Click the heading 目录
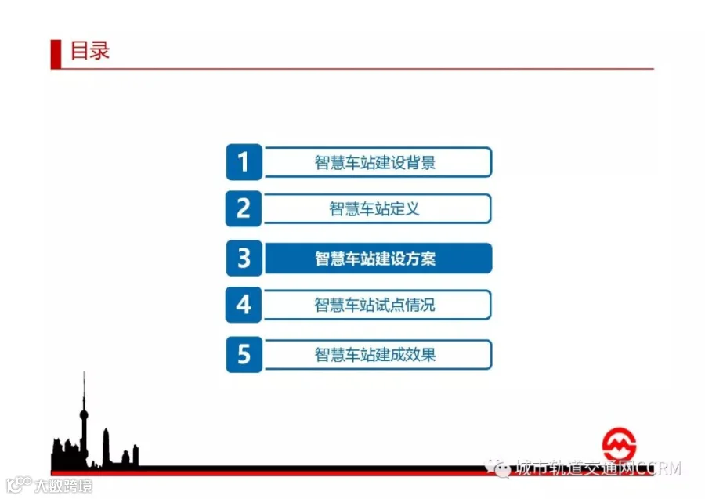90,50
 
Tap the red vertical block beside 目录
56,54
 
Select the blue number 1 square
244,162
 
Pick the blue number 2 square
244,208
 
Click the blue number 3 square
244,258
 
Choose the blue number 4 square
244,305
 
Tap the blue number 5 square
244,355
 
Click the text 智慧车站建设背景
375,162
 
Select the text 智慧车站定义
374,208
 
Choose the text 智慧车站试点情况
375,305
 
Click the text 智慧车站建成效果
375,355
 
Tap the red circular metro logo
619,444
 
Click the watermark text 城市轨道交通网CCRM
598,468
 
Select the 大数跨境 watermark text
63,486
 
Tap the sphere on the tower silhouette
84,414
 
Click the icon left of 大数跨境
19,485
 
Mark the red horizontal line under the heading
357,69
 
